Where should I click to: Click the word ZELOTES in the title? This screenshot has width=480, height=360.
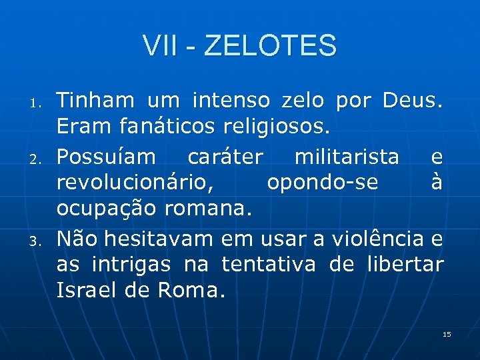pyautogui.click(x=271, y=46)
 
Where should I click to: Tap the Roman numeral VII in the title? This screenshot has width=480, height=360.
pyautogui.click(x=159, y=46)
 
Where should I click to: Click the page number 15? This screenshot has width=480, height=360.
pyautogui.click(x=447, y=334)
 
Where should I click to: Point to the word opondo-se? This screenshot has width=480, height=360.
pyautogui.click(x=323, y=183)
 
